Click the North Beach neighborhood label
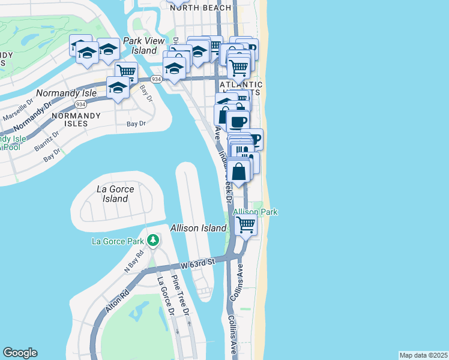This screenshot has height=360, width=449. point(200,8)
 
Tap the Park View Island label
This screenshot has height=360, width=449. point(140,46)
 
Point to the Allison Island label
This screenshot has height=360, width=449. point(198,228)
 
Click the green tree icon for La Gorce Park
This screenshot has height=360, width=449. point(153,241)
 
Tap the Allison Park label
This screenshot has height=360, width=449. point(255,212)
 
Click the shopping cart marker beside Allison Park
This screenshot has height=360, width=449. point(246,225)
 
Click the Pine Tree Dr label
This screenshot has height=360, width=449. point(181,296)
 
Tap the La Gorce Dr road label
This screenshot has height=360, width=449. point(165,296)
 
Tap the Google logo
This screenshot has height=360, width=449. point(20,353)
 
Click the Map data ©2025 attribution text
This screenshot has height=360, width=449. point(423,355)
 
